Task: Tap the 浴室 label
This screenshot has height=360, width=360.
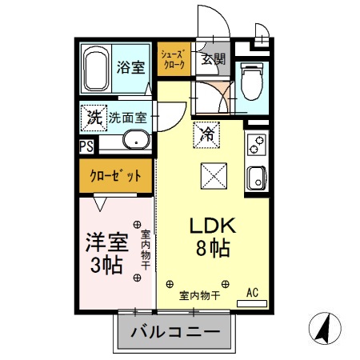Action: tap(131, 67)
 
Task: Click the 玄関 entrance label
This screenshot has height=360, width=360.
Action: tap(213, 58)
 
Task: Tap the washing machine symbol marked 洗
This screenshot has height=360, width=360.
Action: tap(94, 117)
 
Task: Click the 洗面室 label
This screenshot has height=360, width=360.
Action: tap(127, 117)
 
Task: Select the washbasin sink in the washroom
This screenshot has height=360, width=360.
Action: tap(131, 143)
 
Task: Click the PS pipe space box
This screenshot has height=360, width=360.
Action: tap(86, 145)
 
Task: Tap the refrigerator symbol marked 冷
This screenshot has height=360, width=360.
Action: tap(206, 134)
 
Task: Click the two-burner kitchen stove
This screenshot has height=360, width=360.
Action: tap(258, 147)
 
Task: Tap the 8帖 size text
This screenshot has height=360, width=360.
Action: tap(213, 249)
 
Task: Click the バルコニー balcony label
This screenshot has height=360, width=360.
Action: tap(174, 329)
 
